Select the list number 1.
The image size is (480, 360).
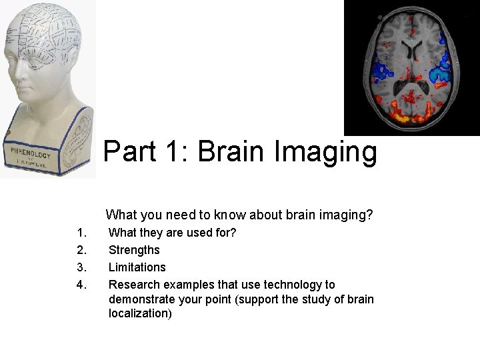[x=82, y=233]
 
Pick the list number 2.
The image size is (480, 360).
[x=82, y=250]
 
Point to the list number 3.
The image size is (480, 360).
[x=82, y=267]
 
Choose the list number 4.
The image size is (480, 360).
[x=82, y=285]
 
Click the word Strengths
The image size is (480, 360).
[x=134, y=250]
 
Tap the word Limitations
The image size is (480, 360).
[x=137, y=267]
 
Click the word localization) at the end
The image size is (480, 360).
[x=140, y=313]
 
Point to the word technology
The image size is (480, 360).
[x=291, y=285]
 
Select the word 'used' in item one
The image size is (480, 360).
[x=205, y=233]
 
